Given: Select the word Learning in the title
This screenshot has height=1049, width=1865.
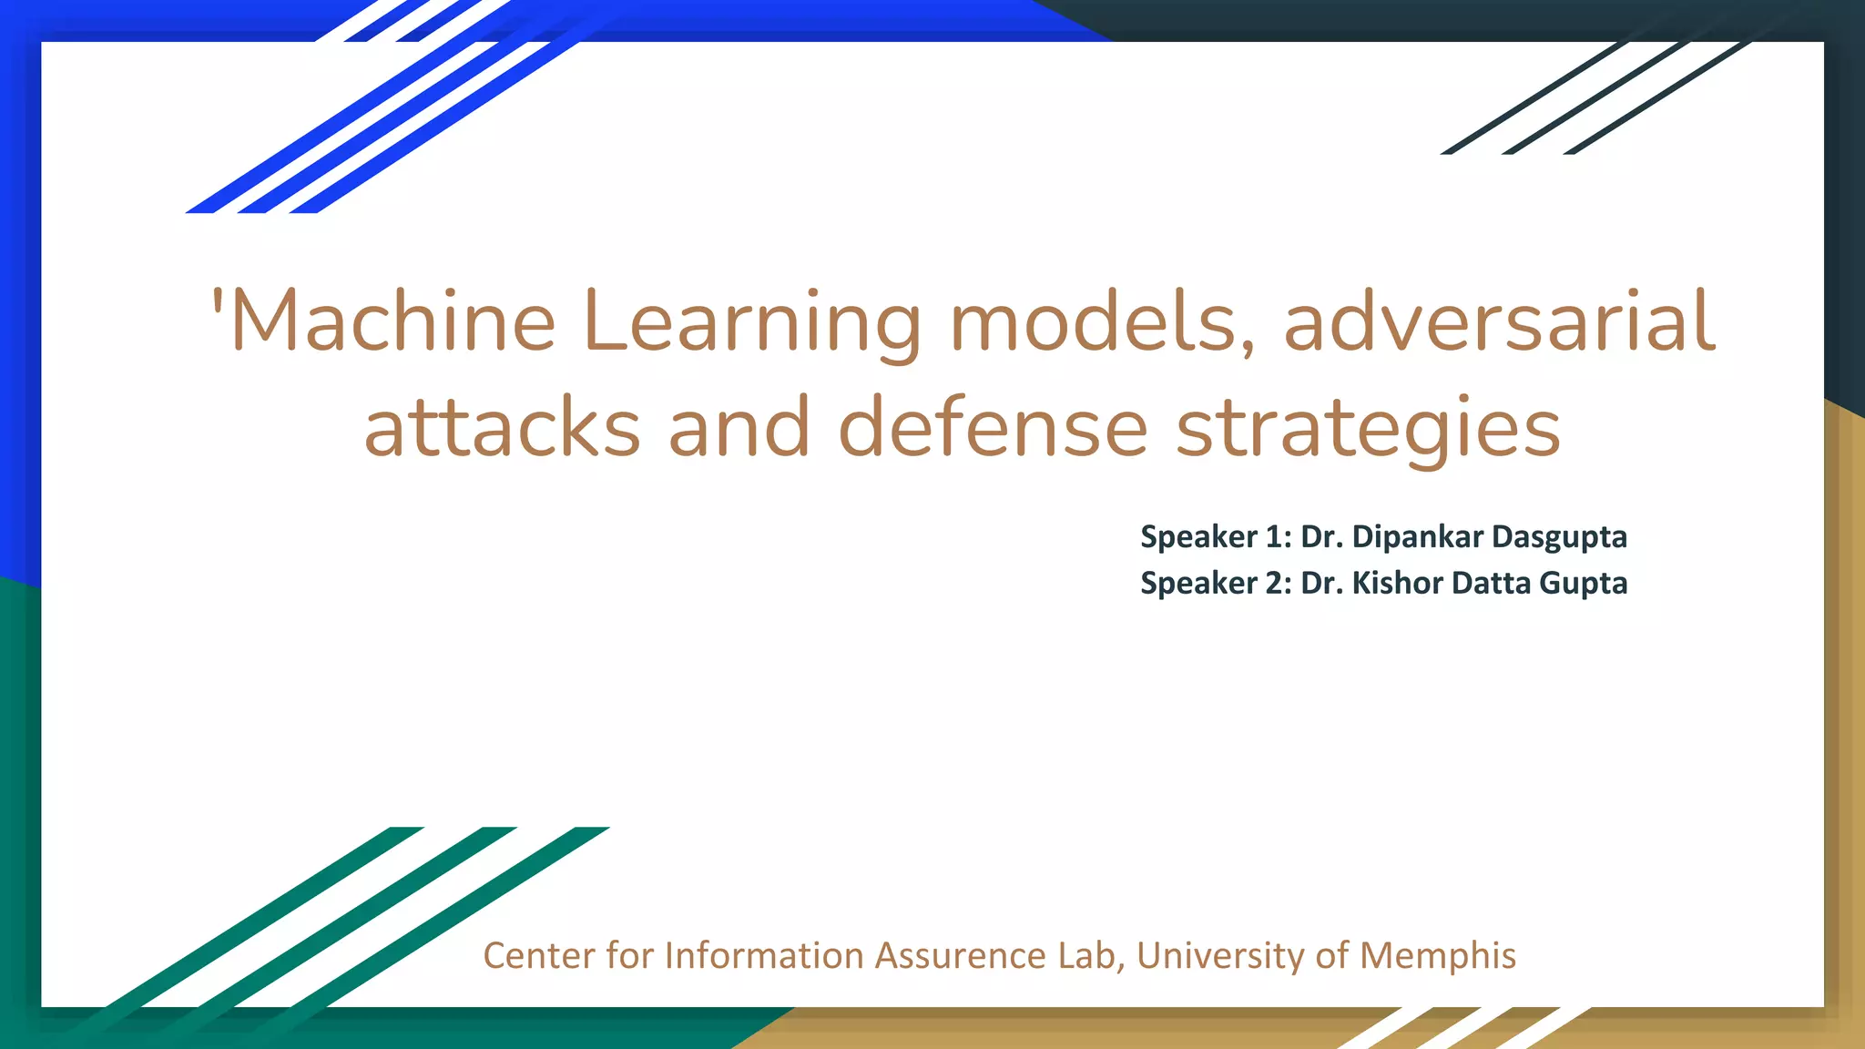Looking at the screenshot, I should (751, 323).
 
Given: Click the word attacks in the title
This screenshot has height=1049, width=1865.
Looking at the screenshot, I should (503, 428).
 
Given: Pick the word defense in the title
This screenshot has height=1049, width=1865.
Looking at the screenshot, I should (993, 428).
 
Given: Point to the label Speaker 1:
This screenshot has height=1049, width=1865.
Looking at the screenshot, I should (1216, 537).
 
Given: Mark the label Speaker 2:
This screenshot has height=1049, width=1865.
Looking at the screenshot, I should (1216, 583).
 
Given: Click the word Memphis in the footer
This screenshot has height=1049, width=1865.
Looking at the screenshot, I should (1438, 956).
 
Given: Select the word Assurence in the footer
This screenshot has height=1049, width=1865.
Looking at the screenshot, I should (961, 955).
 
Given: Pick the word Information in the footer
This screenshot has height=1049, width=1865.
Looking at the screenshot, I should (764, 955).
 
